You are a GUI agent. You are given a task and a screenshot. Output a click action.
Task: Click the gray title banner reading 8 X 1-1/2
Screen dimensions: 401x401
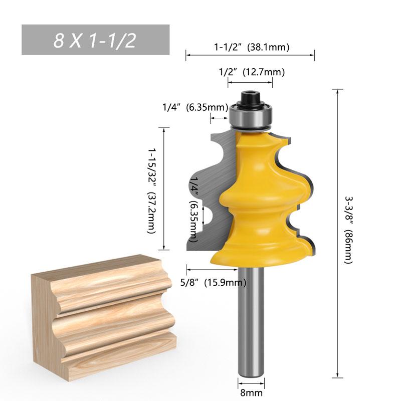point(95,40)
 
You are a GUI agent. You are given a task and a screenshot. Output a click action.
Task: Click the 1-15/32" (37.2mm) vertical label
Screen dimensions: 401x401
point(151,190)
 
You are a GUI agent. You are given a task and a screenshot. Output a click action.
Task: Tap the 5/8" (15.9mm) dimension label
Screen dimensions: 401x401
point(213,283)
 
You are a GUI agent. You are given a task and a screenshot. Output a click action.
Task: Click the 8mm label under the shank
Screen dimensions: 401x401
point(249,394)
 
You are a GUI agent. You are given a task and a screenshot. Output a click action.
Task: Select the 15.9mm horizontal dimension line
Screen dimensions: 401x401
point(200,269)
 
